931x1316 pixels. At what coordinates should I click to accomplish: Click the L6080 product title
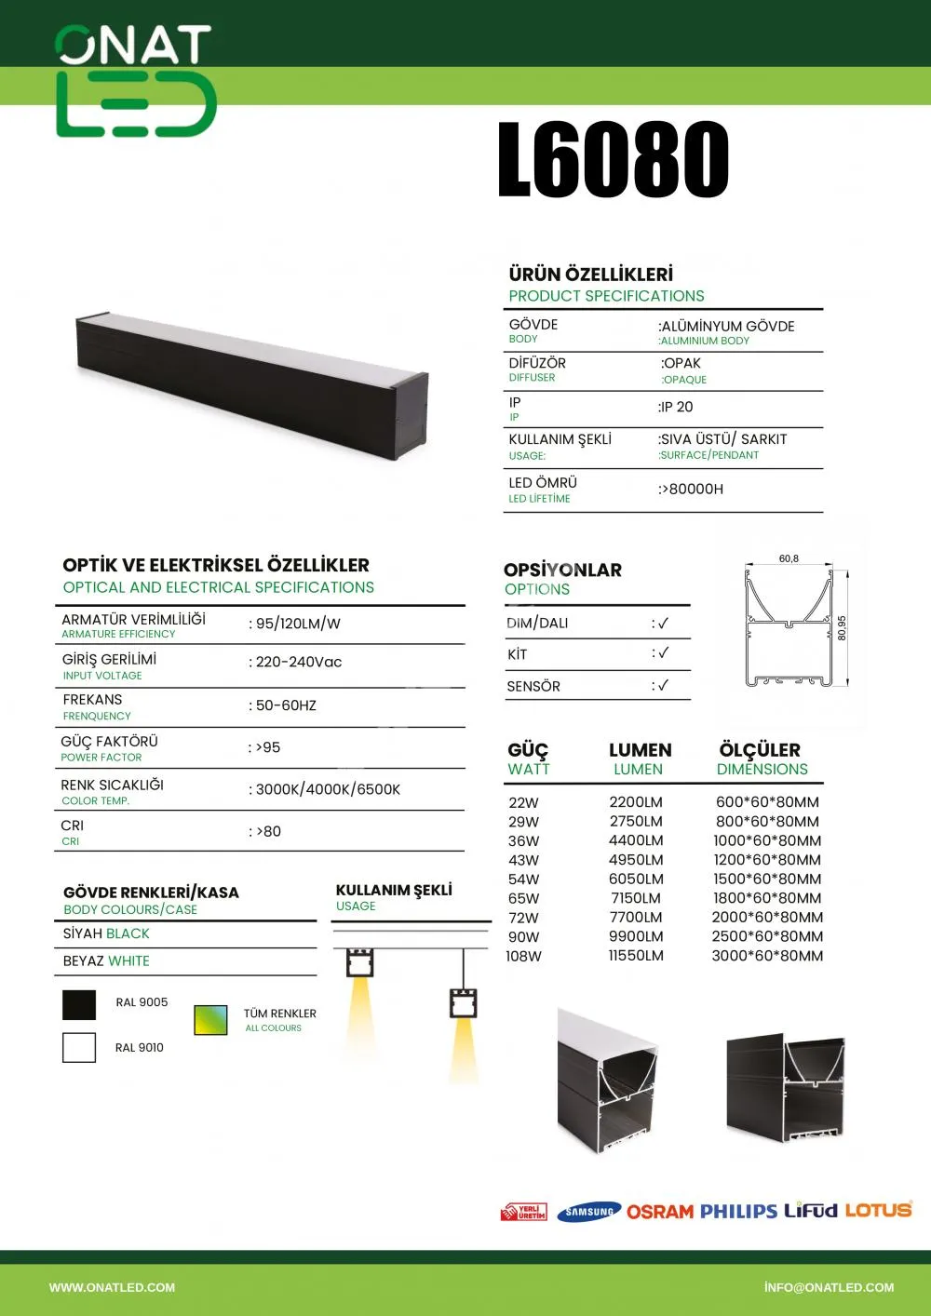click(614, 160)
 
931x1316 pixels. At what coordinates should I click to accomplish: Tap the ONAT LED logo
click(136, 82)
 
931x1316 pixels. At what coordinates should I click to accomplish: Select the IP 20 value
click(677, 407)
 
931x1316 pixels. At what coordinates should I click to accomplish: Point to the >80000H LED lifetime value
click(692, 489)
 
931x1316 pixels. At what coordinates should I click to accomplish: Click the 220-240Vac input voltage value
click(298, 662)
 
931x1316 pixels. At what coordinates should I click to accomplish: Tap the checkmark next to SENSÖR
click(662, 686)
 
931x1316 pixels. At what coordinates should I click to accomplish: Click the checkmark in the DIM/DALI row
click(662, 623)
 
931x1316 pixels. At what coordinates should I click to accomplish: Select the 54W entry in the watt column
click(523, 879)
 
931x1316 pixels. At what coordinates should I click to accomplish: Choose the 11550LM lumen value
click(636, 956)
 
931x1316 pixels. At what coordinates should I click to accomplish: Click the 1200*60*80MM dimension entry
click(767, 860)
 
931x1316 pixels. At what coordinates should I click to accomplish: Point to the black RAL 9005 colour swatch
click(79, 1005)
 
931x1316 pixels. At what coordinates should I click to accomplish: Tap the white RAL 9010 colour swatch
click(79, 1047)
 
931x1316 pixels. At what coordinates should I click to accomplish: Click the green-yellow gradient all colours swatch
click(210, 1020)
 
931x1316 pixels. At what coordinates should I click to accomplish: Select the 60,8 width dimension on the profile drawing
click(789, 558)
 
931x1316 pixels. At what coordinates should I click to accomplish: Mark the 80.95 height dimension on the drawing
click(842, 627)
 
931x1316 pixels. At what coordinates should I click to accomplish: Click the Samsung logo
click(589, 1212)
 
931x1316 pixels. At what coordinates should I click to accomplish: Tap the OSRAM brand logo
click(660, 1212)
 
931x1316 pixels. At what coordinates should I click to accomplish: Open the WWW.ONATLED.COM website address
click(112, 1287)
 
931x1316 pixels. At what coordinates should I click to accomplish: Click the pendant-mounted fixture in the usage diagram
click(463, 1003)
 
